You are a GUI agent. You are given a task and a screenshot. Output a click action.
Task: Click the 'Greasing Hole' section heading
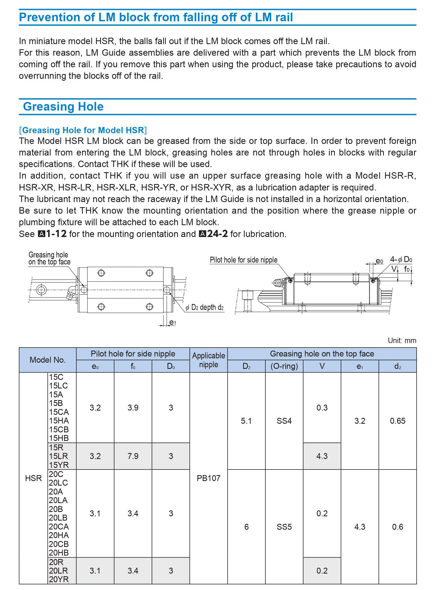pyautogui.click(x=63, y=107)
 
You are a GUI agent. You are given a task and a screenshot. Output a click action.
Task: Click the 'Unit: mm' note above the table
pyautogui.click(x=402, y=341)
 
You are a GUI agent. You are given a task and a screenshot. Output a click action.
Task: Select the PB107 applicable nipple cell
pyautogui.click(x=209, y=478)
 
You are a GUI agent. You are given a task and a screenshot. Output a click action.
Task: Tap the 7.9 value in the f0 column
pyautogui.click(x=133, y=456)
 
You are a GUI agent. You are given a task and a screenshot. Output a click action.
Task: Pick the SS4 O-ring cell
pyautogui.click(x=284, y=421)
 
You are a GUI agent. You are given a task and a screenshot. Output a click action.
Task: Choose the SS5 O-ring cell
pyautogui.click(x=284, y=527)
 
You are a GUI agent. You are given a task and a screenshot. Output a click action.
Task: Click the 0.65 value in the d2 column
pyautogui.click(x=398, y=421)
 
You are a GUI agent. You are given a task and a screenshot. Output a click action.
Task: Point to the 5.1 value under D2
pyautogui.click(x=246, y=421)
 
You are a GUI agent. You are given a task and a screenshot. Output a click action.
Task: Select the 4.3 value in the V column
pyautogui.click(x=322, y=456)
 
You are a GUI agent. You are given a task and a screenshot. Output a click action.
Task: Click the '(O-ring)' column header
pyautogui.click(x=284, y=366)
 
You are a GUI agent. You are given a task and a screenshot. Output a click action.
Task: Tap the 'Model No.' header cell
pyautogui.click(x=48, y=360)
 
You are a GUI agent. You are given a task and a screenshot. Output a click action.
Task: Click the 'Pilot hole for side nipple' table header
pyautogui.click(x=133, y=354)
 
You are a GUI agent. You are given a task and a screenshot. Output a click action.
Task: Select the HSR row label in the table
pyautogui.click(x=33, y=478)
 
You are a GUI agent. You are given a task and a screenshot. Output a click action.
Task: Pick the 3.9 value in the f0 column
pyautogui.click(x=133, y=408)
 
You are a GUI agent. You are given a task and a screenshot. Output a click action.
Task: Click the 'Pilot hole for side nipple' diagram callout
pyautogui.click(x=244, y=260)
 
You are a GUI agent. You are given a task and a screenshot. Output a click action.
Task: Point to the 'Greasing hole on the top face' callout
pyautogui.click(x=49, y=258)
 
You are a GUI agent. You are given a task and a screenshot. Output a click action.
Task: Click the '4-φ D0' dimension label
pyautogui.click(x=401, y=259)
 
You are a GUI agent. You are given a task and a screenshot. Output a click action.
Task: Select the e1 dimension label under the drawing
pyautogui.click(x=173, y=322)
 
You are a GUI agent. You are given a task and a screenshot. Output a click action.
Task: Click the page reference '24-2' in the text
pyautogui.click(x=217, y=234)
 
